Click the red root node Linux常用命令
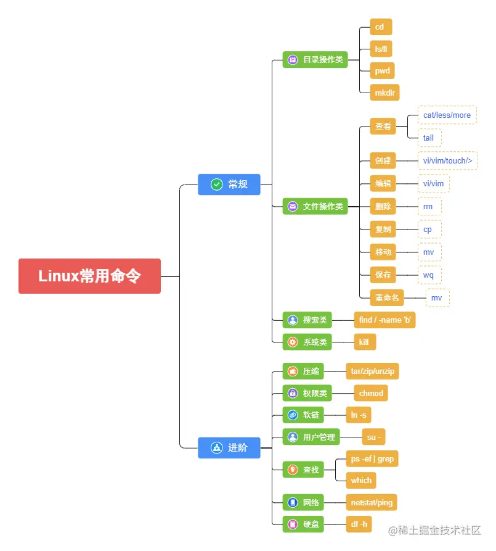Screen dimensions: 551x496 click(x=89, y=276)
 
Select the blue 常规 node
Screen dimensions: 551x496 click(x=229, y=184)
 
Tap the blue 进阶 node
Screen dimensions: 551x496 click(x=229, y=447)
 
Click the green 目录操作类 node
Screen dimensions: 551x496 click(x=315, y=60)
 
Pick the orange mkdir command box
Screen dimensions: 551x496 click(x=384, y=93)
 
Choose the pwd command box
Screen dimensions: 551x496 click(x=382, y=70)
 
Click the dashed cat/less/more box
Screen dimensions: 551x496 click(x=447, y=115)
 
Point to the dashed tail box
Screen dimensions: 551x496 click(x=428, y=138)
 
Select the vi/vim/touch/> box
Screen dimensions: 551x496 click(x=447, y=160)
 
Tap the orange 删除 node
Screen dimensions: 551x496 click(x=383, y=206)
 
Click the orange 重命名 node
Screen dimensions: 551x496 click(x=387, y=297)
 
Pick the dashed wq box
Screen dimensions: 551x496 click(x=428, y=275)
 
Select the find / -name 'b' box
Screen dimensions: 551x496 click(x=384, y=320)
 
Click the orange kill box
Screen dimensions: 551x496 click(x=365, y=341)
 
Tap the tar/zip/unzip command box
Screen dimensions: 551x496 click(x=372, y=371)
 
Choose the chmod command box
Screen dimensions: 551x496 click(x=371, y=393)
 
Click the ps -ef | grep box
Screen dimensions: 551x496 click(x=372, y=458)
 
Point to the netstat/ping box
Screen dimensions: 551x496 click(x=371, y=502)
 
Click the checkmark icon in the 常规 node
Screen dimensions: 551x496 click(x=216, y=184)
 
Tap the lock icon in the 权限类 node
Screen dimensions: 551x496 click(x=293, y=393)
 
